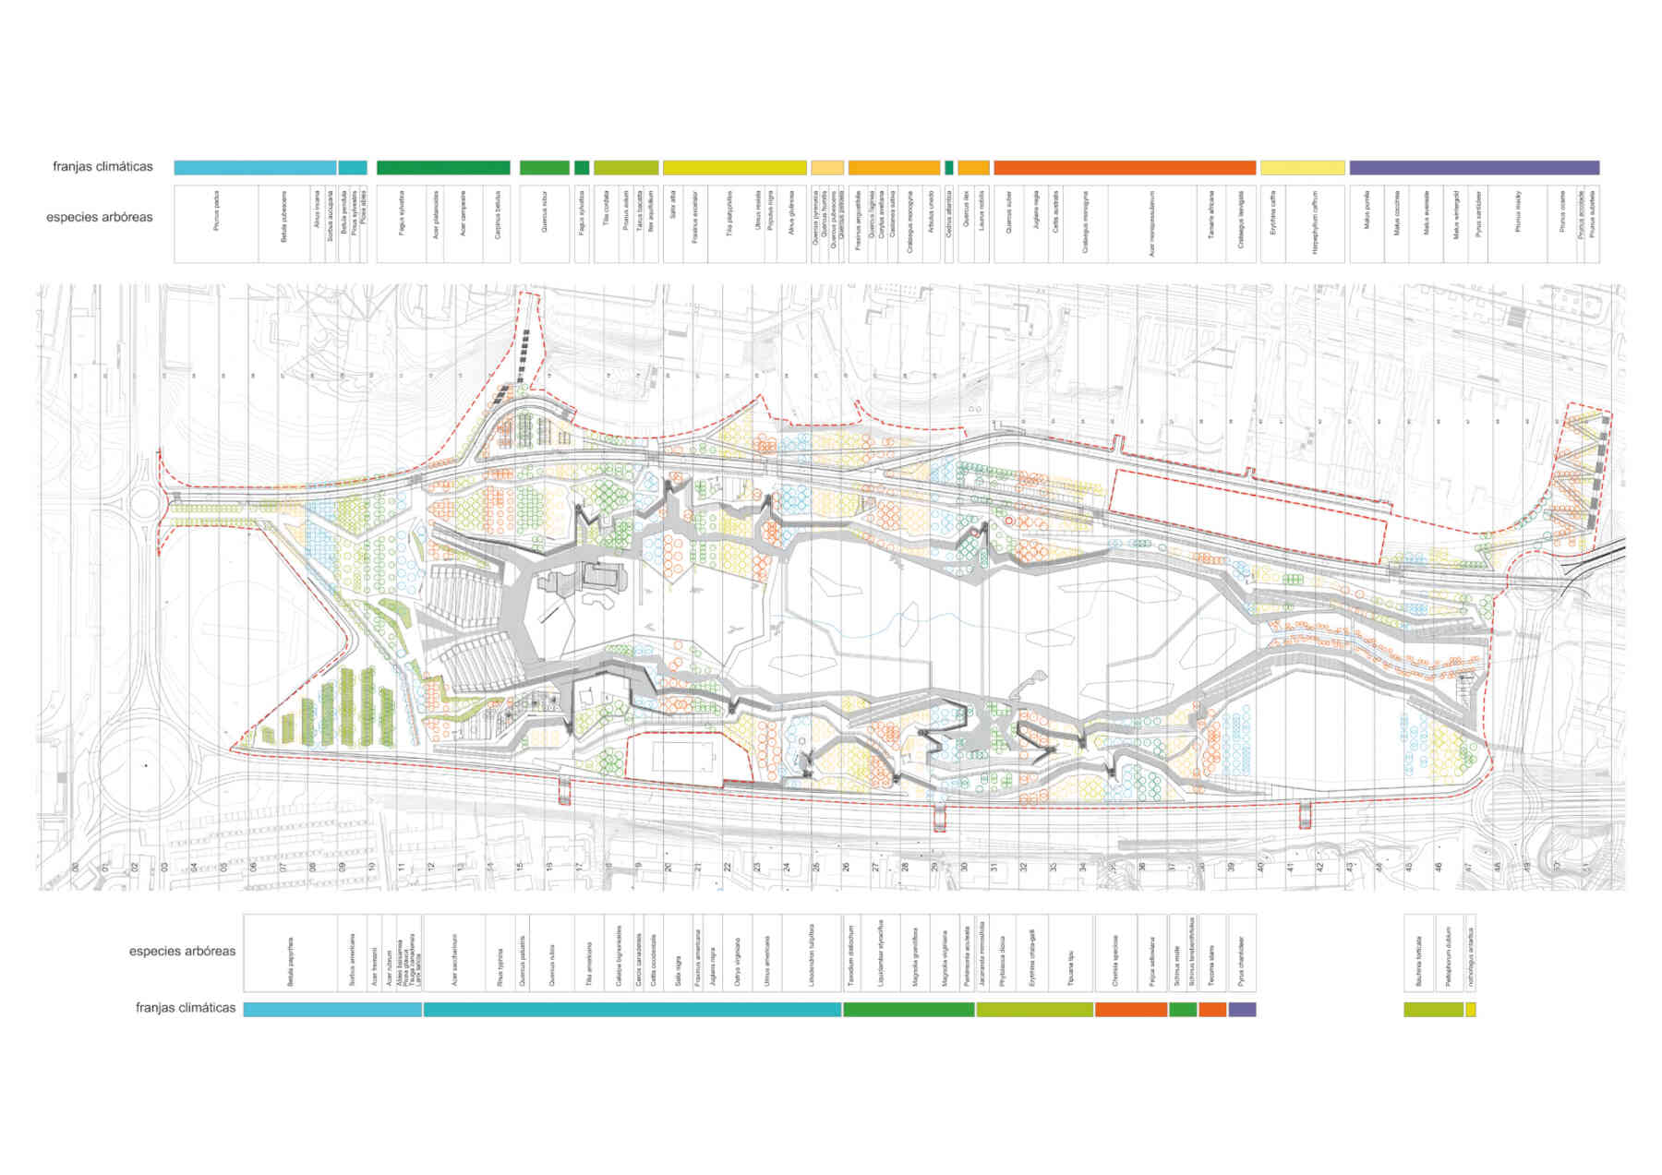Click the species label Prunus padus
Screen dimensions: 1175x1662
coord(217,210)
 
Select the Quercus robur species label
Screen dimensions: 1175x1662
coord(545,211)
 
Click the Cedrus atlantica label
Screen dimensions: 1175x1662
coord(949,215)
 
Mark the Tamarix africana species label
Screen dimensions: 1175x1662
coord(1211,217)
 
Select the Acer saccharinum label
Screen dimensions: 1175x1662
coord(454,965)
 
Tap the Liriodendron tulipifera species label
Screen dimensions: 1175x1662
coord(812,956)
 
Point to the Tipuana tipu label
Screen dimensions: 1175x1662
coord(1071,969)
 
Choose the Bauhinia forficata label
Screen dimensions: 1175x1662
coord(1419,961)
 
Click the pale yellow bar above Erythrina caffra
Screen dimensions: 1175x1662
coord(1302,168)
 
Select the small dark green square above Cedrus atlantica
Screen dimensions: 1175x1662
coord(949,168)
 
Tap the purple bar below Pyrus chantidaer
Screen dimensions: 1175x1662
coord(1242,1010)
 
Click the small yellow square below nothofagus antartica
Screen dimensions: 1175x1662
coord(1470,1010)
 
